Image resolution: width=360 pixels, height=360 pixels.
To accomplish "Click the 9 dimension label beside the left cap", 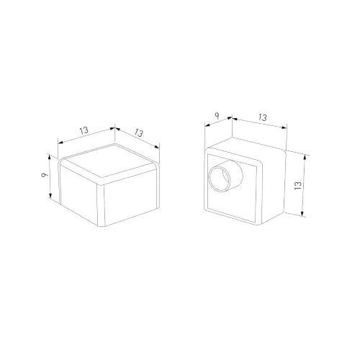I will [44, 175].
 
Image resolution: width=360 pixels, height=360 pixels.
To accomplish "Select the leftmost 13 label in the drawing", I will [84, 130].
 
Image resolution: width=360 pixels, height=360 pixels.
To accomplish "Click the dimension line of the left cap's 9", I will [51, 177].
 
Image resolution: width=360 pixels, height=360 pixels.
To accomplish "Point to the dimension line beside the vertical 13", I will [305, 185].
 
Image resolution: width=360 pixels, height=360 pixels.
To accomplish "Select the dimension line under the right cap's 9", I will [218, 123].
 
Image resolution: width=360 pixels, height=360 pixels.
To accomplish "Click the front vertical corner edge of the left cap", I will [103, 205].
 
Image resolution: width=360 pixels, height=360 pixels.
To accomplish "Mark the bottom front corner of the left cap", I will [103, 227].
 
